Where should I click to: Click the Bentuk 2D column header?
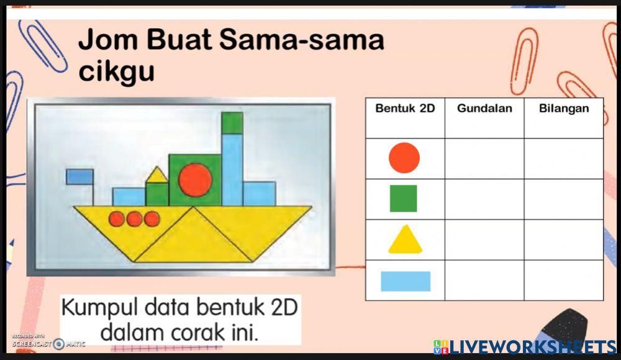[x=405, y=109]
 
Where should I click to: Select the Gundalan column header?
[x=484, y=109]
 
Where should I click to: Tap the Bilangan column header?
[x=564, y=109]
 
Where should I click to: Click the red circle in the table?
[x=404, y=158]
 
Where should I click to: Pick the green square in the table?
[x=404, y=198]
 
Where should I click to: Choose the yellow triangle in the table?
[x=405, y=240]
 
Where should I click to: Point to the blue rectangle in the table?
[x=406, y=281]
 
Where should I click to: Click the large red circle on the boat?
[x=195, y=179]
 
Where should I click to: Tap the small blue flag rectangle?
[x=79, y=176]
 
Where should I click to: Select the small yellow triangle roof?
[x=156, y=176]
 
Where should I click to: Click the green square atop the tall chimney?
[x=232, y=123]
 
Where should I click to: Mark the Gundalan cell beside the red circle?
[x=484, y=158]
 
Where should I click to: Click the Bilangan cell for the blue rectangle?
[x=564, y=281]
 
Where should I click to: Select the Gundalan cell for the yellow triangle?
[x=484, y=240]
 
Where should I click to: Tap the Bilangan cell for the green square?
[x=564, y=199]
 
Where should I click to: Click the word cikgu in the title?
[x=116, y=72]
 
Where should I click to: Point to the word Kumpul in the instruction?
[x=99, y=307]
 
